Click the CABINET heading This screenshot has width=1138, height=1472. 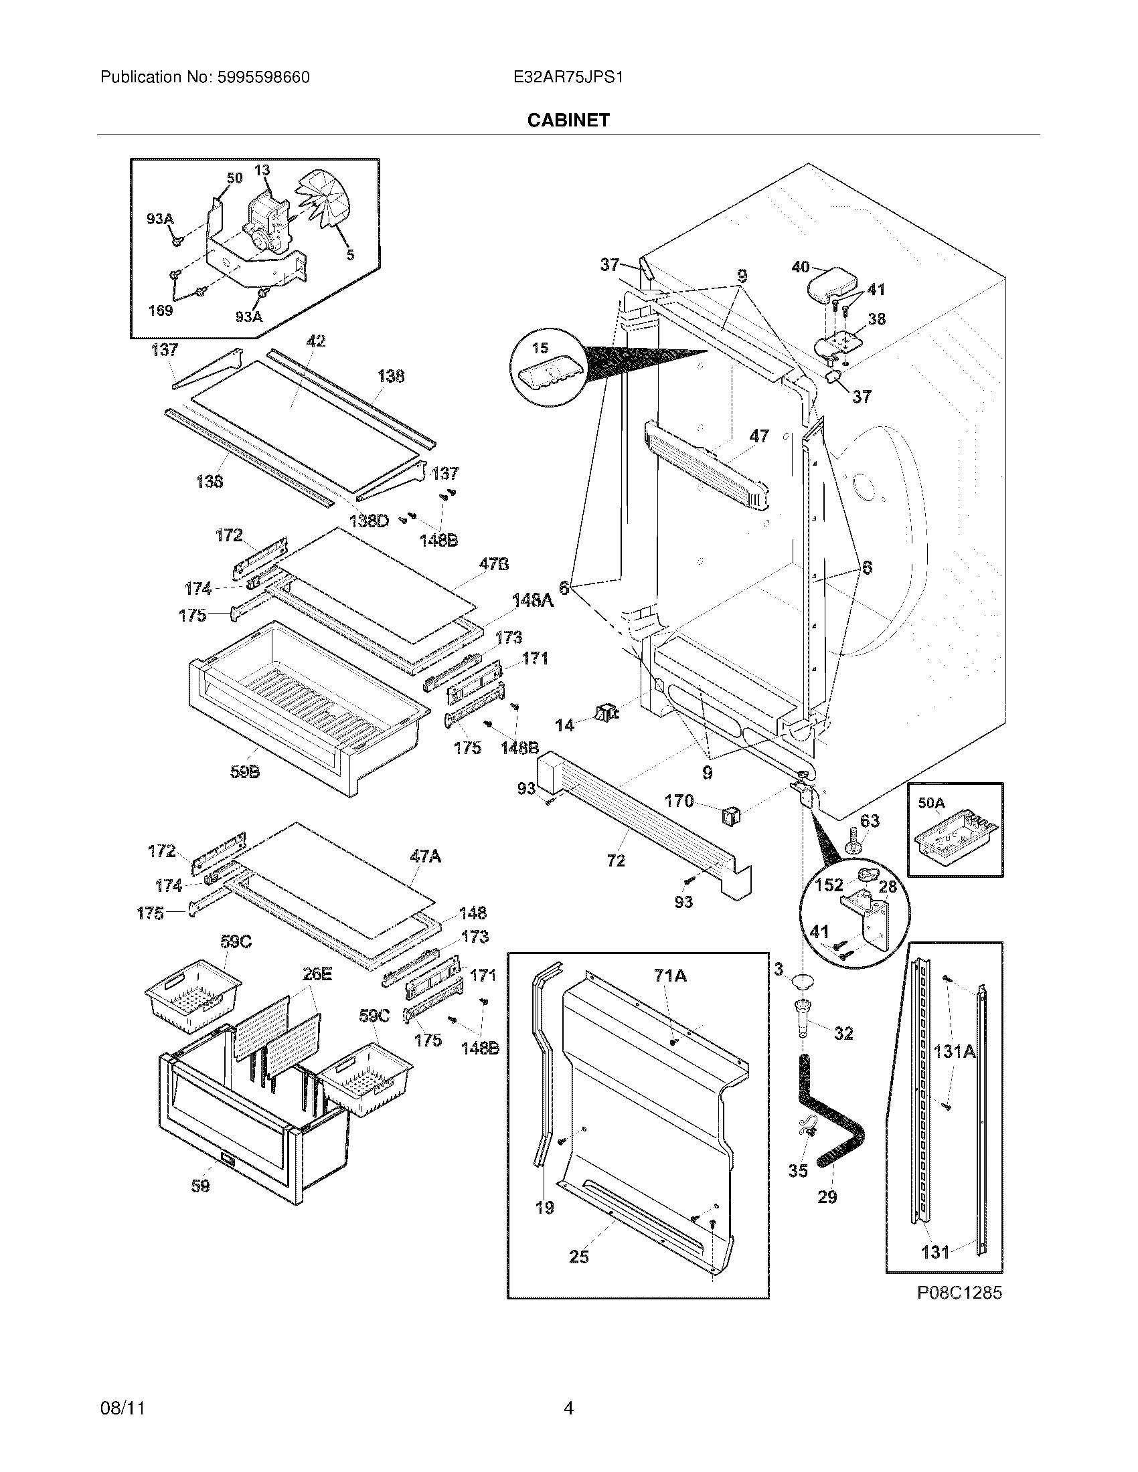pyautogui.click(x=568, y=120)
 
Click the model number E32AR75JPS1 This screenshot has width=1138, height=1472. pyautogui.click(x=568, y=78)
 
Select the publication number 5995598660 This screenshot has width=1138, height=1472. pyautogui.click(x=263, y=78)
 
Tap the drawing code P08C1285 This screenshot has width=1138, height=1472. pyautogui.click(x=959, y=1292)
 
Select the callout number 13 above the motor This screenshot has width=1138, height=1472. pyautogui.click(x=262, y=170)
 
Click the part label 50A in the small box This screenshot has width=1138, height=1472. pyautogui.click(x=931, y=803)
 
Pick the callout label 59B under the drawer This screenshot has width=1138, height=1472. pyautogui.click(x=245, y=772)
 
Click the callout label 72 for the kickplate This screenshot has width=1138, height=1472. pyautogui.click(x=615, y=860)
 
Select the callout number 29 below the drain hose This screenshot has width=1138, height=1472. pyautogui.click(x=827, y=1196)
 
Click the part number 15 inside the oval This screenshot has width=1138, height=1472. pyautogui.click(x=540, y=348)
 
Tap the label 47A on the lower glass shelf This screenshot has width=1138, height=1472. pyautogui.click(x=424, y=856)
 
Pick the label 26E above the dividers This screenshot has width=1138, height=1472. pyautogui.click(x=316, y=974)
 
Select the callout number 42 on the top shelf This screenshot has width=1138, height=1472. pyautogui.click(x=315, y=341)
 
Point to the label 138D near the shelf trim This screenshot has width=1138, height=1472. pyautogui.click(x=369, y=521)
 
